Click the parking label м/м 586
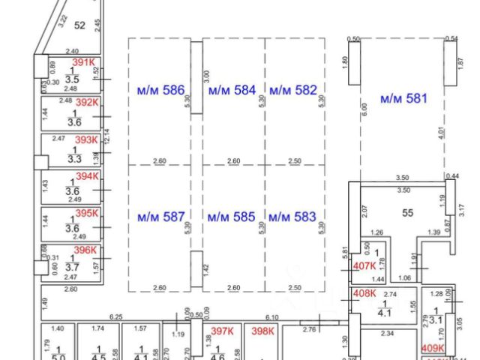pos(160,91)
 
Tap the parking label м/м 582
pos(293,91)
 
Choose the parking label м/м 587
pos(160,217)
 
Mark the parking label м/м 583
pos(292,217)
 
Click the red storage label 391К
pos(84,63)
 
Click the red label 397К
pos(223,331)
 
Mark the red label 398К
pos(263,331)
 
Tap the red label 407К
pos(364,267)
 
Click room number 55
pos(408,213)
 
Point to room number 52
pos(80,24)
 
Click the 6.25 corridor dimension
pos(115,317)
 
